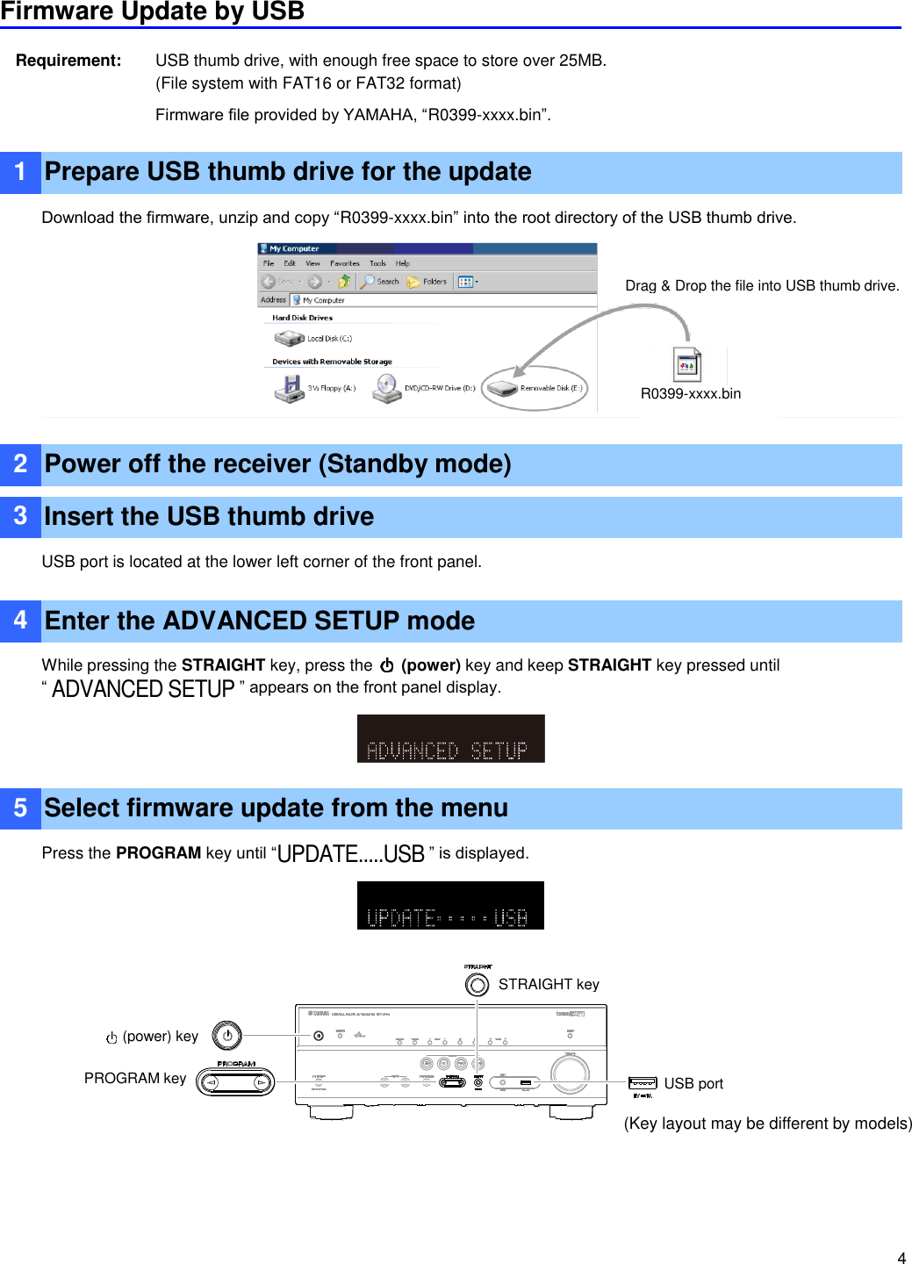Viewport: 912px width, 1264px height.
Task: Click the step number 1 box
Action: [20, 172]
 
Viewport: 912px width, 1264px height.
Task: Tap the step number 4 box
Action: [20, 621]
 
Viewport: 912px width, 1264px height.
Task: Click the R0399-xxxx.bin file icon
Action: [687, 365]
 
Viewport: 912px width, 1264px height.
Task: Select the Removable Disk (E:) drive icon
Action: [503, 388]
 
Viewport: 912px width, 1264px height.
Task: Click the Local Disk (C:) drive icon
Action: [289, 338]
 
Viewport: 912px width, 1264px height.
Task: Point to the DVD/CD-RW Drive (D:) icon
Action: [386, 388]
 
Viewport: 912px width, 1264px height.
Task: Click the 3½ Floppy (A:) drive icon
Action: [289, 388]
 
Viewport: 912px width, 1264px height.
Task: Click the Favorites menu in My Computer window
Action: [344, 263]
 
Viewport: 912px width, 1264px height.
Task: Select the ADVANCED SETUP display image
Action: [450, 738]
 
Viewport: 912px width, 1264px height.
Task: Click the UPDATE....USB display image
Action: [450, 905]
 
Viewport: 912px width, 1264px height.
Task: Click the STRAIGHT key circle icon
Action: [478, 985]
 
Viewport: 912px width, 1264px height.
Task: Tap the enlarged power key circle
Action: [226, 1036]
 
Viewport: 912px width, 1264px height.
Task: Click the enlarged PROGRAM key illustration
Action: [235, 1082]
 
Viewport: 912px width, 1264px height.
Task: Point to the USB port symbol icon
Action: [643, 1083]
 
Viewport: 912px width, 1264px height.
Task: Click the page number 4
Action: [901, 1257]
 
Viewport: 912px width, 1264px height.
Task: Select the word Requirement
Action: [68, 61]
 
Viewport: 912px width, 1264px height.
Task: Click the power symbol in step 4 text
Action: [386, 665]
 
